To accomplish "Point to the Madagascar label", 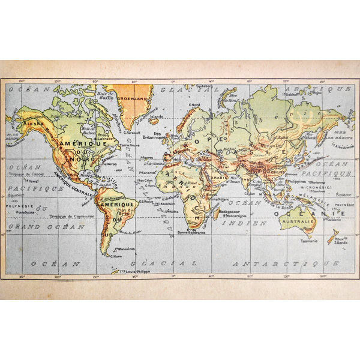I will (231, 211).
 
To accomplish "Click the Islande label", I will (157, 116).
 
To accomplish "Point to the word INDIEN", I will (238, 223).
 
